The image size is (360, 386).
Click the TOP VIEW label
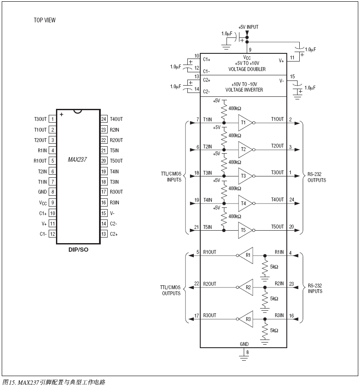[x=45, y=20]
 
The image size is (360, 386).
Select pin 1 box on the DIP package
[x=52, y=119]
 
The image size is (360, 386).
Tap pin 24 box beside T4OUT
[x=104, y=119]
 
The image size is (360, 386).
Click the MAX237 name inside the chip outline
[x=77, y=160]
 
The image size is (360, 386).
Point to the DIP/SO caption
[x=78, y=250]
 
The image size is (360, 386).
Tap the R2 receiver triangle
[x=246, y=287]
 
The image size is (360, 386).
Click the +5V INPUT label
[x=248, y=27]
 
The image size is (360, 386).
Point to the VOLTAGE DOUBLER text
[x=247, y=69]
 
